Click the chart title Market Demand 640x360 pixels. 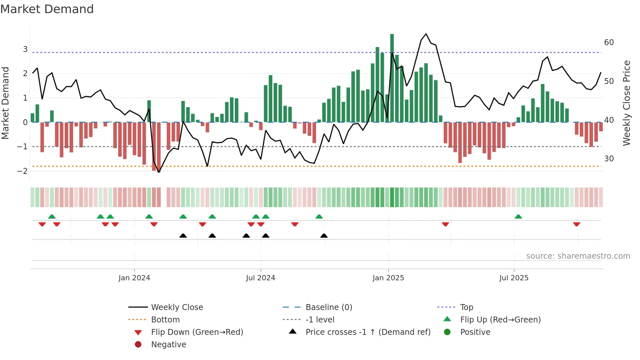coord(47,9)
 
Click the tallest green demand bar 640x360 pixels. coord(392,78)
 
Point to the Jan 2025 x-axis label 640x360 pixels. coord(388,278)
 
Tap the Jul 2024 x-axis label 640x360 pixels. coord(261,278)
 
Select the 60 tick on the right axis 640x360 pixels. coord(609,42)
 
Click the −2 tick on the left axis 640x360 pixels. coord(22,171)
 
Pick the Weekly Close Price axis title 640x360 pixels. coord(626,103)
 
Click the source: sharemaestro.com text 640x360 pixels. coord(578,256)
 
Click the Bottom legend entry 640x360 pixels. coord(165,320)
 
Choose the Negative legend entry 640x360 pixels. coord(168,345)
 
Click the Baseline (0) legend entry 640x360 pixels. coord(328,307)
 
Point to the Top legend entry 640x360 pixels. coord(466,307)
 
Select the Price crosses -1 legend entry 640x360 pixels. coord(368,332)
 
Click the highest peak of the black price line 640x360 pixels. coord(426,34)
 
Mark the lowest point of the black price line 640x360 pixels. coord(159,172)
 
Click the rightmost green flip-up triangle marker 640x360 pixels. coord(518,217)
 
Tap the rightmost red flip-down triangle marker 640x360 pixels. coord(576,224)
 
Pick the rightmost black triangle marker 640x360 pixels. coord(324,236)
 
